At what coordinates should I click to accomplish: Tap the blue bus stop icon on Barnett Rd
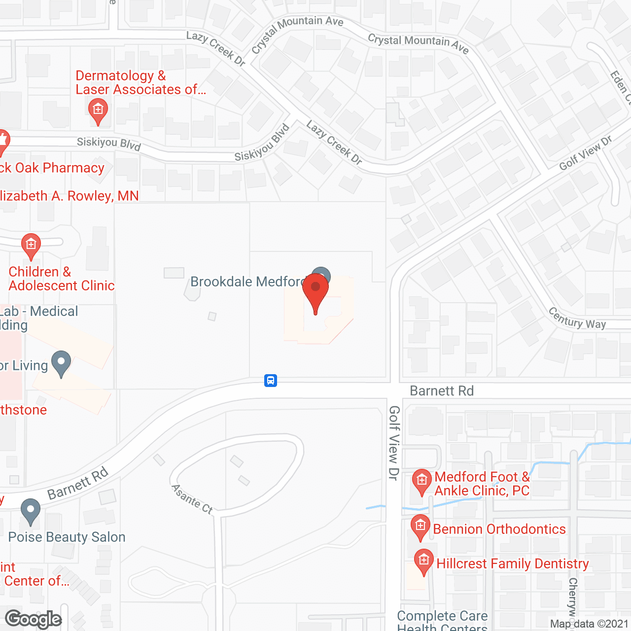(271, 381)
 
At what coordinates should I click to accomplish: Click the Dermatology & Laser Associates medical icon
(98, 109)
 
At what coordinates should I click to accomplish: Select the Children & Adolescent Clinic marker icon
(31, 245)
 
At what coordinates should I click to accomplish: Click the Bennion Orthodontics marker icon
(420, 526)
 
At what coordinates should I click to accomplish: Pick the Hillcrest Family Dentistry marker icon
(423, 561)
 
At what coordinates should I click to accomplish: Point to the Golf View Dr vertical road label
(394, 442)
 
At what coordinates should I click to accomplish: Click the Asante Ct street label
(192, 499)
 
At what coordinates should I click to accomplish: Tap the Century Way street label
(577, 318)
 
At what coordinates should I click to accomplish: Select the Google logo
(34, 619)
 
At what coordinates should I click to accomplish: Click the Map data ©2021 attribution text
(590, 624)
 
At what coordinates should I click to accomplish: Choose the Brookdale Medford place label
(247, 281)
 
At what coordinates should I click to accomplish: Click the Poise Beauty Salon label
(67, 537)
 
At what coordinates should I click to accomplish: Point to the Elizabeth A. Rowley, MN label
(69, 196)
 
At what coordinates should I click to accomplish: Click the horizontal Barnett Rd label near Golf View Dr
(442, 391)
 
